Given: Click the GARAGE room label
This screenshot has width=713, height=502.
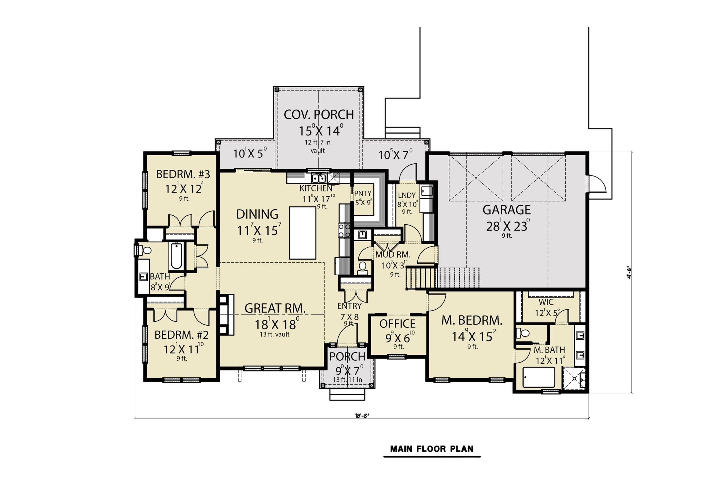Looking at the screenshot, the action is pyautogui.click(x=507, y=210).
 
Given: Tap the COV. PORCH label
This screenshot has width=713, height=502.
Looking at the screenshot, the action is pyautogui.click(x=319, y=115).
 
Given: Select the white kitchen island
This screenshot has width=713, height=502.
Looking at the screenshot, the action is pyautogui.click(x=302, y=233).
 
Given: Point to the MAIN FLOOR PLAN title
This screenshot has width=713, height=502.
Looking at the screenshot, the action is pyautogui.click(x=432, y=449).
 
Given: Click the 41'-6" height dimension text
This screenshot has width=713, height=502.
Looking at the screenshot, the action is pyautogui.click(x=628, y=272).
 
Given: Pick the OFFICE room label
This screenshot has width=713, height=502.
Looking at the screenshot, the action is pyautogui.click(x=397, y=324).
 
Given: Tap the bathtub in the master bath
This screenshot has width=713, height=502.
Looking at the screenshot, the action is pyautogui.click(x=538, y=377).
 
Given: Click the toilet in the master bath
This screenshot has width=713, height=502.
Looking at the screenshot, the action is pyautogui.click(x=523, y=333).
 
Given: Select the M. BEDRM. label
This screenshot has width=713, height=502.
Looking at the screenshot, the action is pyautogui.click(x=472, y=320).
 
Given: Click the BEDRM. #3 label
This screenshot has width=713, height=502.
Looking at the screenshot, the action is pyautogui.click(x=183, y=174).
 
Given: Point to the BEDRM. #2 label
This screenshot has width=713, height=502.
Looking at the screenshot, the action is pyautogui.click(x=181, y=335).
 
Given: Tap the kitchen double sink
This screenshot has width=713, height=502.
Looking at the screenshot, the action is pyautogui.click(x=319, y=178).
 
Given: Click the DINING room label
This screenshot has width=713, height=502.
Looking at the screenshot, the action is pyautogui.click(x=257, y=214).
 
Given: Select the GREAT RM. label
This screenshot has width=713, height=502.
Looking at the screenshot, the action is pyautogui.click(x=275, y=308).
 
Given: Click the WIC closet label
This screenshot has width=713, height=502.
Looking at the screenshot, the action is pyautogui.click(x=546, y=302).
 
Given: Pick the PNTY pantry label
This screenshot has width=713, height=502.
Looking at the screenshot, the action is pyautogui.click(x=363, y=194).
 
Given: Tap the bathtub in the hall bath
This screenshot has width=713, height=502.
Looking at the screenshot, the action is pyautogui.click(x=176, y=256).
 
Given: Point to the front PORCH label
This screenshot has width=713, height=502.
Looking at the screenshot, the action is pyautogui.click(x=347, y=357).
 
